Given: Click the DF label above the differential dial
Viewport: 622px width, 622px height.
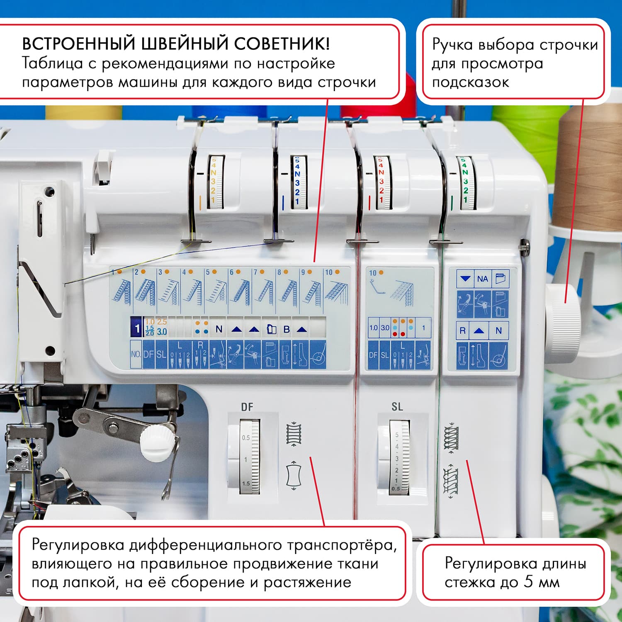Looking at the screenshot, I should pos(247,407).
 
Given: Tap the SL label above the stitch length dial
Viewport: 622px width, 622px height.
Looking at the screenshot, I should pos(397,407).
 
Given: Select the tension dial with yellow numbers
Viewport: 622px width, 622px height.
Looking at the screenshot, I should pos(214,182).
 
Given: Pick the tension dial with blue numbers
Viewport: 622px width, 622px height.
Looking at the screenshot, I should pos(298,182).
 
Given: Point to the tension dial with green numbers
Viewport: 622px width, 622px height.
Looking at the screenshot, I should pos(465,182).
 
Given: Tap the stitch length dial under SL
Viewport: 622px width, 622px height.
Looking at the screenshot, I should pos(398,457).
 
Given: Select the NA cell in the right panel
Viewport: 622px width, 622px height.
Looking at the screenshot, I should pos(482,279).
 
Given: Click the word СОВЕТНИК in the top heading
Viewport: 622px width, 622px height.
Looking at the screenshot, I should pos(282,44).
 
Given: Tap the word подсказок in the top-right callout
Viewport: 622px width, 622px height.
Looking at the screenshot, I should pos(470,82).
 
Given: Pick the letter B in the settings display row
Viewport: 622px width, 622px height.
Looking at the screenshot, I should pos(286,329).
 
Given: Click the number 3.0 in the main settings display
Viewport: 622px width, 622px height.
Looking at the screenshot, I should pos(162,332).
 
